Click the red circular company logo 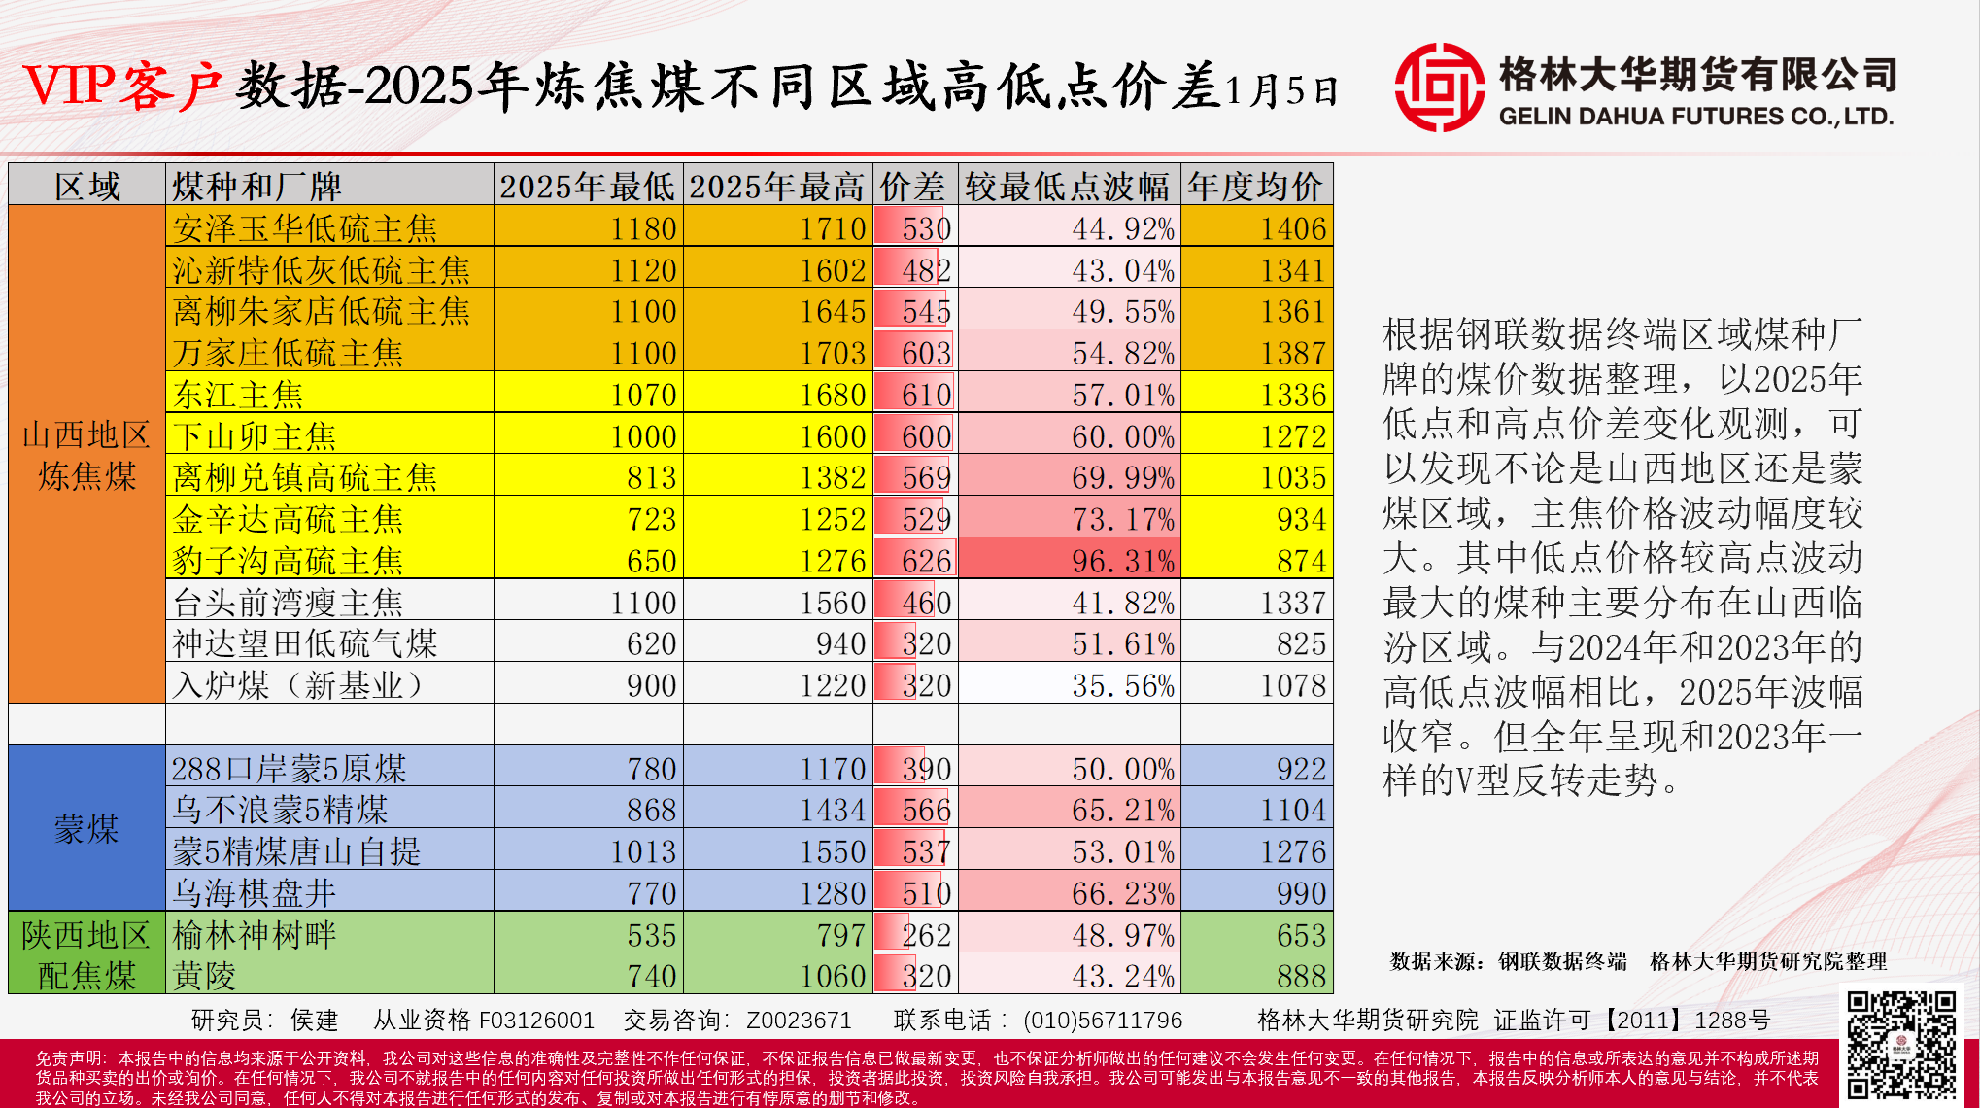coord(1439,87)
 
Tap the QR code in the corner coord(1901,1044)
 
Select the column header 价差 coord(913,186)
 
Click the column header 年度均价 coord(1255,186)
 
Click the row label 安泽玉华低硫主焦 coord(305,228)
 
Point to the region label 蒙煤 coord(86,829)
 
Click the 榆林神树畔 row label coord(255,935)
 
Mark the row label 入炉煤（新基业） coord(298,685)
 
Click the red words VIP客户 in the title coord(122,86)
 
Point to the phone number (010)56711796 coord(1102,1020)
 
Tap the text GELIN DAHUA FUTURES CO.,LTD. coord(1696,117)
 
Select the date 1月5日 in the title coord(1281,90)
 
